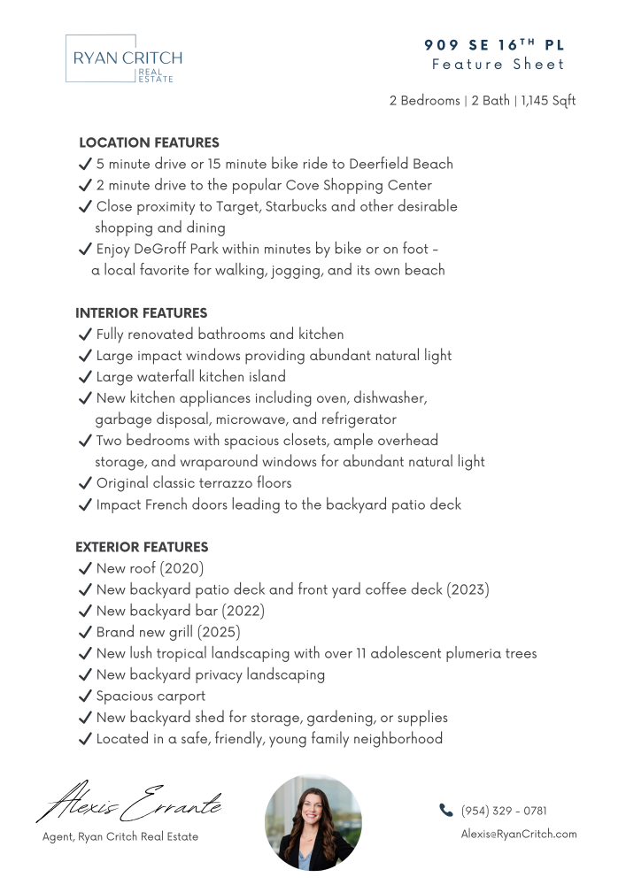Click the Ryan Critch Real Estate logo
pyautogui.click(x=123, y=59)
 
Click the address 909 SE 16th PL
pyautogui.click(x=494, y=45)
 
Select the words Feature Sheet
pyautogui.click(x=498, y=65)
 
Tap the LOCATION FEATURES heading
pyautogui.click(x=149, y=142)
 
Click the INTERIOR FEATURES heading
pyautogui.click(x=141, y=313)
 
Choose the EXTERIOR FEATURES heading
pyautogui.click(x=142, y=547)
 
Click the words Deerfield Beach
pyautogui.click(x=400, y=164)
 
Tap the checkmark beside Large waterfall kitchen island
pyautogui.click(x=86, y=377)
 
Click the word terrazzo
pyautogui.click(x=236, y=483)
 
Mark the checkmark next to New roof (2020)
pyautogui.click(x=86, y=568)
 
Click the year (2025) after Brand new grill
pyautogui.click(x=220, y=632)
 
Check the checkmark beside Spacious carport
pyautogui.click(x=86, y=696)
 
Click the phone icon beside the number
pyautogui.click(x=445, y=810)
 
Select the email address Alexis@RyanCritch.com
pyautogui.click(x=519, y=834)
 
